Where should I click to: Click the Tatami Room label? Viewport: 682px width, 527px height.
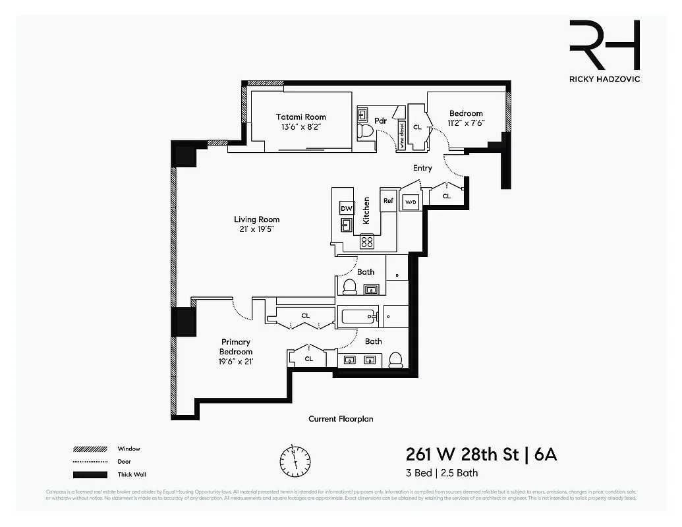coord(300,117)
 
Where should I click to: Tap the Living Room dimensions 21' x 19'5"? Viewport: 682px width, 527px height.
coord(256,229)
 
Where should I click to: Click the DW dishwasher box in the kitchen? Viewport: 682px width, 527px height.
coord(347,208)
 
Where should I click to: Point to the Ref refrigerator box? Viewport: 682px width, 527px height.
coord(388,201)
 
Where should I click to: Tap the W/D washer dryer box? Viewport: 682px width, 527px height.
coord(410,202)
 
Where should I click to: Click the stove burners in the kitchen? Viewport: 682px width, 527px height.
coord(367,242)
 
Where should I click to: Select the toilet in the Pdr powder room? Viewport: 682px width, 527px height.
coord(364,131)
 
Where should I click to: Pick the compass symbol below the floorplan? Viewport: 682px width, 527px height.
coord(294,458)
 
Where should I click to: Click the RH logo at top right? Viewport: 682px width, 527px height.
coord(604,45)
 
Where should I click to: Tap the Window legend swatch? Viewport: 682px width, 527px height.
coord(90,449)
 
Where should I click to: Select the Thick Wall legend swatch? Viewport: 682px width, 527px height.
coord(90,475)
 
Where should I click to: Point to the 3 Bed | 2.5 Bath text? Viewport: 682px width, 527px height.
coord(441,473)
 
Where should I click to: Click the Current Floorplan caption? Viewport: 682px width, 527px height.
coord(341,419)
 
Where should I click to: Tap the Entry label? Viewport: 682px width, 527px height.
coord(422,168)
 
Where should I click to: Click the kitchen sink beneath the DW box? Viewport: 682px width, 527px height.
coord(347,225)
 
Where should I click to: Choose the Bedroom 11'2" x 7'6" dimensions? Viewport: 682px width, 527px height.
coord(466,123)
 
